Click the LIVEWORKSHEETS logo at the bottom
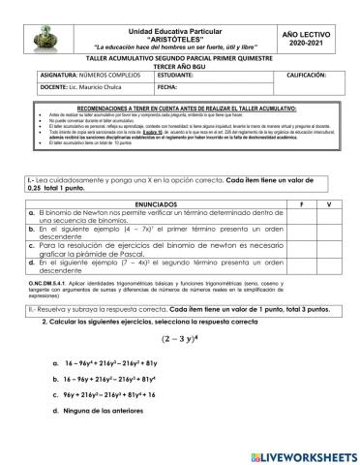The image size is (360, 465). point(295,449)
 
